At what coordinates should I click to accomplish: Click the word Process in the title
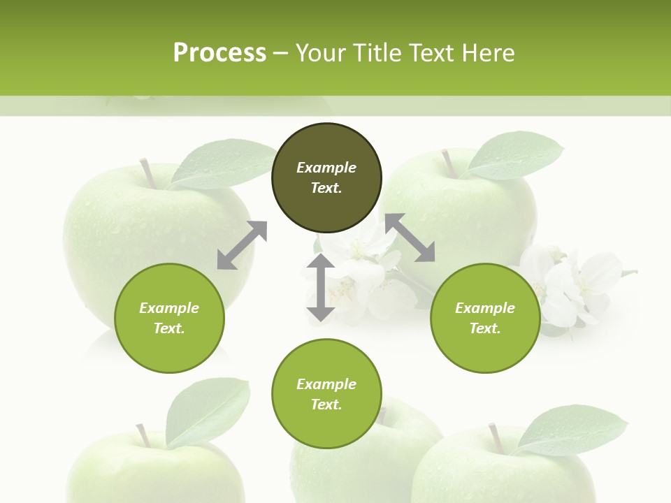point(219,53)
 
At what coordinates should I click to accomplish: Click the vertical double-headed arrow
point(321,287)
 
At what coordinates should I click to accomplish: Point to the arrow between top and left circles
point(242,245)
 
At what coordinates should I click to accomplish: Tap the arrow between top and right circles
point(410,238)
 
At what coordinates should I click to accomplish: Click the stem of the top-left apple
point(147,173)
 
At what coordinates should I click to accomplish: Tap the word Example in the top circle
point(326,168)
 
